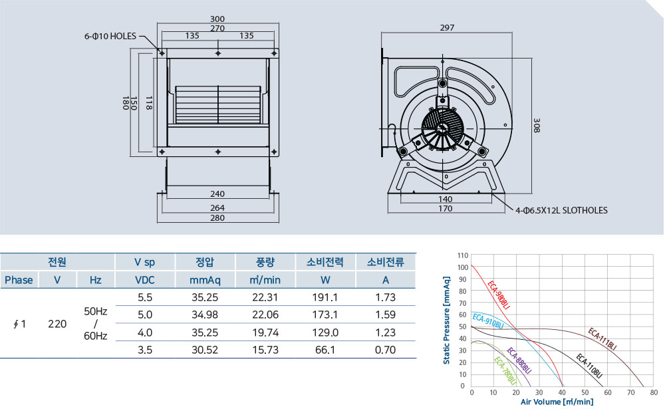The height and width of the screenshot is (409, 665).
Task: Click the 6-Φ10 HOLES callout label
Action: [110, 37]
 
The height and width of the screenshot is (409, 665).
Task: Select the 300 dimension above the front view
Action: [217, 19]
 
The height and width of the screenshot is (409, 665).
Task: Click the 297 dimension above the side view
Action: [447, 27]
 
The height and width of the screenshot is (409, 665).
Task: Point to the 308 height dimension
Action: [537, 126]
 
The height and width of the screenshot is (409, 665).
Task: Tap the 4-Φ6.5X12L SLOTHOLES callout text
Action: [561, 210]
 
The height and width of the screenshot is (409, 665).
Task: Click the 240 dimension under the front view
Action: [217, 194]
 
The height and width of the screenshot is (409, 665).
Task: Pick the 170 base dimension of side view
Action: [446, 208]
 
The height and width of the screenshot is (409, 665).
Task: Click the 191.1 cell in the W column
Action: [325, 297]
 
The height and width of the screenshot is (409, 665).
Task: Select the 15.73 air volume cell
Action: [265, 350]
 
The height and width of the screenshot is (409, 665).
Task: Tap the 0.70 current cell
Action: [386, 350]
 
